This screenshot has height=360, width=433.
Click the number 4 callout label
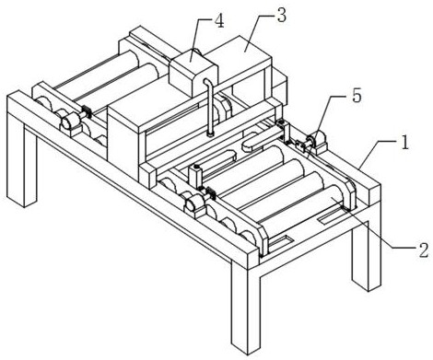point(219,21)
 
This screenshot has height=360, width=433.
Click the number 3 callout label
point(282,16)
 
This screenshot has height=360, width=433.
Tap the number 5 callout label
point(357,96)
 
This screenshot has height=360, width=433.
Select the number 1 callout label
point(405,143)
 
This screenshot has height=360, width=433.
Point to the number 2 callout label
point(423,250)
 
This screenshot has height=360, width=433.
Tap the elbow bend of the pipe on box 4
point(207,82)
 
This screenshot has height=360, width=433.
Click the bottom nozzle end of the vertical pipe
point(210,134)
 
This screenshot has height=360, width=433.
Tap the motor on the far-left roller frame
point(72,122)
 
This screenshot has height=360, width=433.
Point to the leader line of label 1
point(377,155)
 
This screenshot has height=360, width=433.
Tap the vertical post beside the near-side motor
point(195,177)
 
